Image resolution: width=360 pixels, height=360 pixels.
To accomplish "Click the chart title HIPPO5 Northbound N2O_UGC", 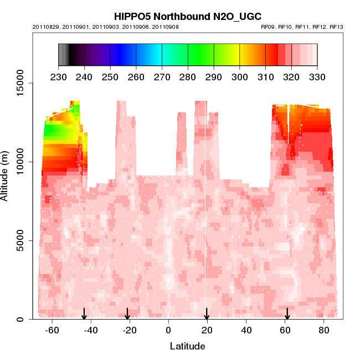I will coord(187,17).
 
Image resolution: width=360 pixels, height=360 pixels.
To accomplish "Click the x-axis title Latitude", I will coord(187,346).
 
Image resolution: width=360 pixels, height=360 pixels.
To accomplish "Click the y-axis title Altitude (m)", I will coord(6,176).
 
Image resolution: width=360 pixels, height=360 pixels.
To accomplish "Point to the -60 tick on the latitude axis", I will coord(52,330).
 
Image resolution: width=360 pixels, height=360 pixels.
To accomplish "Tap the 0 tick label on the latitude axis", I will coord(168,330).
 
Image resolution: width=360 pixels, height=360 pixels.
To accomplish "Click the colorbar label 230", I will coord(58,76).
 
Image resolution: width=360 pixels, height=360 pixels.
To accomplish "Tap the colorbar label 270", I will coord(162,76).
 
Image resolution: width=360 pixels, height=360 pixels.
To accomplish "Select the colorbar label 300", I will coord(239,76).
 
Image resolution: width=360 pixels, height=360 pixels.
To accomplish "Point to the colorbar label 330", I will coord(317,76).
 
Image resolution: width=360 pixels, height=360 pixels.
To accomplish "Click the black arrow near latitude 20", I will coord(207,314).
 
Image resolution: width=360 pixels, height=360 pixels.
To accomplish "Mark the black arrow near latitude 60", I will coord(287,314).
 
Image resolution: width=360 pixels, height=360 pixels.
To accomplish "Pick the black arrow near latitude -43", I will coord(84,314).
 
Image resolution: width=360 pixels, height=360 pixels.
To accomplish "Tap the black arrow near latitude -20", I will coord(127,314).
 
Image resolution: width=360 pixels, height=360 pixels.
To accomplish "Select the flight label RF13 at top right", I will coord(336,27).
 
